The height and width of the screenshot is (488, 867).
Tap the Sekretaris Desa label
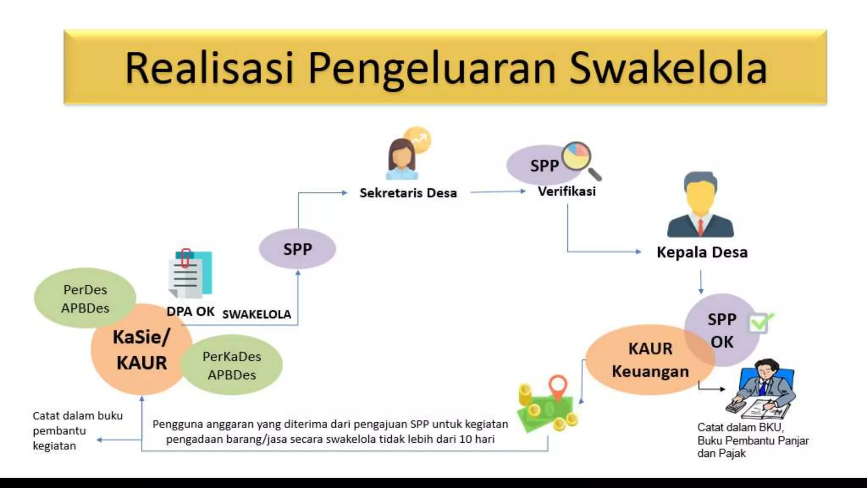408,193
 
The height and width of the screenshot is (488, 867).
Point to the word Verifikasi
566,191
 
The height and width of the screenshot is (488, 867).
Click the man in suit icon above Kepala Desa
701,205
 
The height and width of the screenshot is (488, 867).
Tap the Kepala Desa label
702,252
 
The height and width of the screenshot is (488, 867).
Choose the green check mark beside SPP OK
760,323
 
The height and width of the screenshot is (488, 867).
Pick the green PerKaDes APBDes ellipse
232,365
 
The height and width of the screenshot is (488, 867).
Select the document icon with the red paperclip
191,274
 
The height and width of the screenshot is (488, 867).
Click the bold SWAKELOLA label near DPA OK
257,314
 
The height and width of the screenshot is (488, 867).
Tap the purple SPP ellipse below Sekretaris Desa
297,249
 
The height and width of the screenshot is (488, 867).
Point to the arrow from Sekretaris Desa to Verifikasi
497,192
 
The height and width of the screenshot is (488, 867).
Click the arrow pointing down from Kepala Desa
701,282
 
